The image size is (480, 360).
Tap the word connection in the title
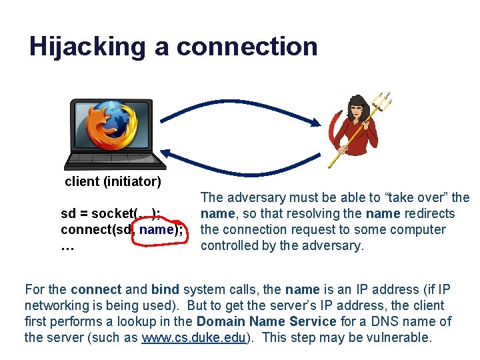pyautogui.click(x=247, y=47)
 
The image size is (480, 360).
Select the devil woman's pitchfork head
pyautogui.click(x=382, y=103)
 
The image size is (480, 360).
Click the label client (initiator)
pyautogui.click(x=113, y=181)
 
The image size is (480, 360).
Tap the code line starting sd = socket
pyautogui.click(x=110, y=214)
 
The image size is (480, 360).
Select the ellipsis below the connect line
pyautogui.click(x=67, y=246)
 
